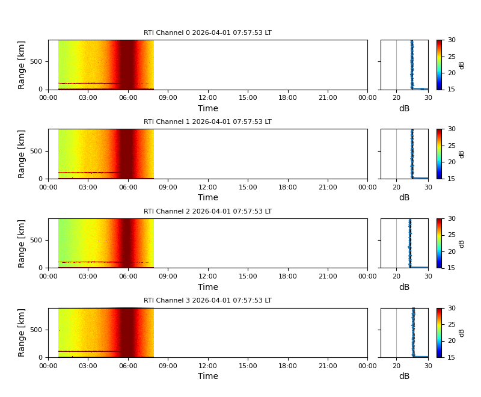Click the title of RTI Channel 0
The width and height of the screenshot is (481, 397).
tap(207, 33)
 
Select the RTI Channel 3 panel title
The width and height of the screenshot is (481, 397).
tap(207, 301)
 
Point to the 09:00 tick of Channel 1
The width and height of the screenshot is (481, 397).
tap(168, 186)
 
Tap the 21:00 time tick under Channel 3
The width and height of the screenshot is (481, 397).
tap(328, 365)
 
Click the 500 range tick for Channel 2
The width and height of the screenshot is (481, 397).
tap(35, 240)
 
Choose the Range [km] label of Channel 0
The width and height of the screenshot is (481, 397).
tap(22, 65)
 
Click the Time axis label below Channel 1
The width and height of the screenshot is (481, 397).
tap(208, 198)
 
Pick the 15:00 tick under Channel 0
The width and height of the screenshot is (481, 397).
tap(248, 97)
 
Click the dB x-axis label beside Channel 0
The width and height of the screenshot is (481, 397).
tap(404, 109)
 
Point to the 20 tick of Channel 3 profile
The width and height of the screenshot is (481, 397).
tap(396, 365)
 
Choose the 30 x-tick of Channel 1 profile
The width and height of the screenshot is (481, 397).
tap(427, 186)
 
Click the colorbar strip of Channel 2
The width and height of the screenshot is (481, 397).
tap(440, 243)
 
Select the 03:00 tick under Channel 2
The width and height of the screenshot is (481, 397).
tap(88, 275)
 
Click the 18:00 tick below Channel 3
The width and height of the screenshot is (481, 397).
tap(287, 365)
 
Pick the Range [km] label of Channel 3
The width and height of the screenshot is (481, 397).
tap(22, 333)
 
